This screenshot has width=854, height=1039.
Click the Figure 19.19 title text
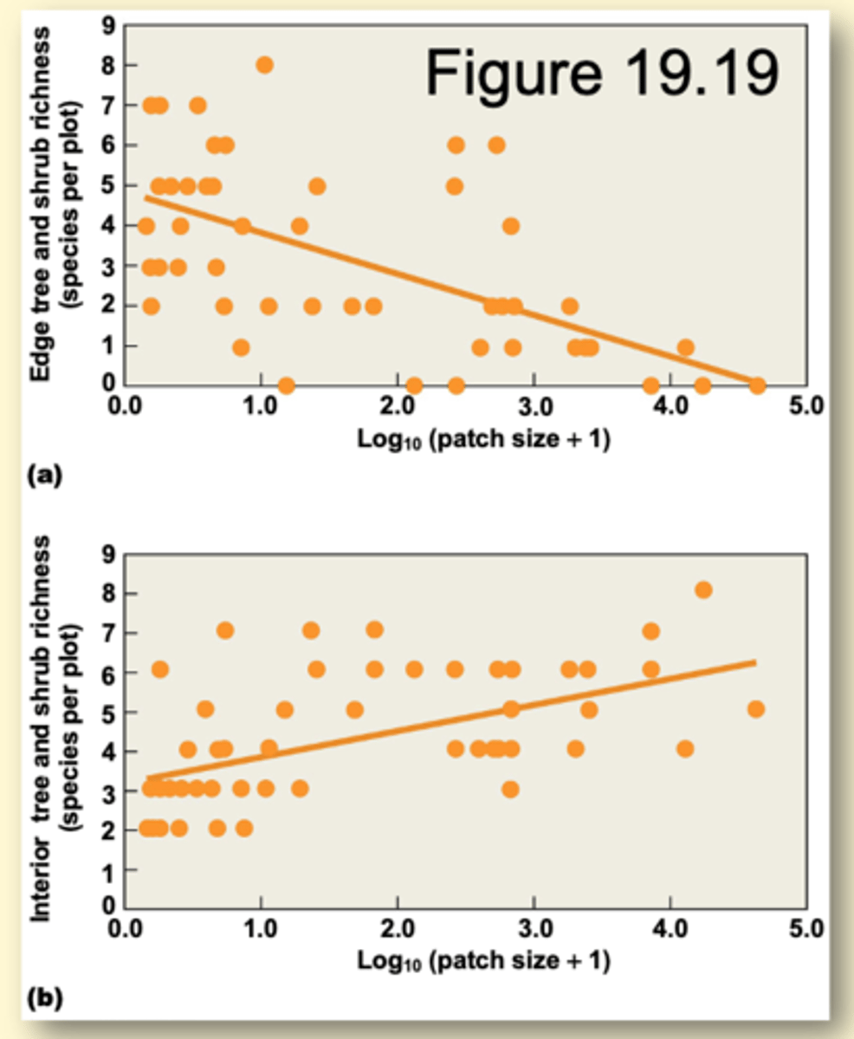coord(600,72)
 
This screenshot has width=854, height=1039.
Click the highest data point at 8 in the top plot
coord(264,65)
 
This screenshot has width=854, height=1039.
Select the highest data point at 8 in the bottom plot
coord(703,590)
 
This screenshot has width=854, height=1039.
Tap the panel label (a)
coord(43,474)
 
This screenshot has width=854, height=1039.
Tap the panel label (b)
coord(43,998)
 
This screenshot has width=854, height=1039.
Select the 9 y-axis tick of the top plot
coord(108,25)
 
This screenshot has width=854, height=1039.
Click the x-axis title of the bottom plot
coord(483,962)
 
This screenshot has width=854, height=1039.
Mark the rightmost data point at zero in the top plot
coord(756,385)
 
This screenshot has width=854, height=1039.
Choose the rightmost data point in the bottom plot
coord(755,709)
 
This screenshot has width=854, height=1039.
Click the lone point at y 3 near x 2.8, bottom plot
coord(511,789)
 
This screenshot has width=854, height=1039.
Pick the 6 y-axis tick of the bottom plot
coord(108,672)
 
